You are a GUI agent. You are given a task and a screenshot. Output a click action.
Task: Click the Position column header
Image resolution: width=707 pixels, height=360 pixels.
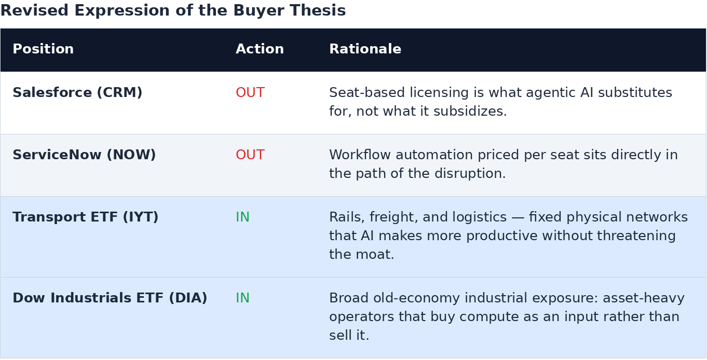43,49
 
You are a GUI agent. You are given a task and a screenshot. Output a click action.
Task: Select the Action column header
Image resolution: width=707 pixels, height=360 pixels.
260,49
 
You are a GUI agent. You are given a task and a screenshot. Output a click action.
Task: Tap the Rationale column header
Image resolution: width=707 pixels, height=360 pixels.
365,49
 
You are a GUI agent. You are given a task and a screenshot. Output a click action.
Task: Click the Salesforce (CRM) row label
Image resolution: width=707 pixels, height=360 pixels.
77,92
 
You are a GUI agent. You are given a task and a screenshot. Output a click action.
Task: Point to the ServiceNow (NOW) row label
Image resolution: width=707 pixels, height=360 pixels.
84,155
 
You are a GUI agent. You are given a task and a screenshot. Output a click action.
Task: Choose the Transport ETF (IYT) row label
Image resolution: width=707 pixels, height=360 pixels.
85,217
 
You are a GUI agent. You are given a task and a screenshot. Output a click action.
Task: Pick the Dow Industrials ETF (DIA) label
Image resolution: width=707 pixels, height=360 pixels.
110,298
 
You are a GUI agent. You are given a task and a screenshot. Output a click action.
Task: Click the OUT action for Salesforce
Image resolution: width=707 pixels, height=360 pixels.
250,92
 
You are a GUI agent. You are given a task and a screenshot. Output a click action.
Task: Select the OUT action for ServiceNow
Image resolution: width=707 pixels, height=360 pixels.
250,155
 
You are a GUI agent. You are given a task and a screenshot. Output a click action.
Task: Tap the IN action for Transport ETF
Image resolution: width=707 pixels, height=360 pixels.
242,217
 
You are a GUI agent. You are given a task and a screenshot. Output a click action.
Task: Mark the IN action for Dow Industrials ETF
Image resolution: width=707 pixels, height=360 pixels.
242,298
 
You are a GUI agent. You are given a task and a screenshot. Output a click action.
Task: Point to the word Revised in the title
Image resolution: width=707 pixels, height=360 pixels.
34,10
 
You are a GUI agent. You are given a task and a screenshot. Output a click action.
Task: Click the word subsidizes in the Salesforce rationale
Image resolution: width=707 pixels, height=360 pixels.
470,111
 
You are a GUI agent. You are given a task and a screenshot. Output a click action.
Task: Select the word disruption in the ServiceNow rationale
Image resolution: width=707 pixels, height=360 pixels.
470,173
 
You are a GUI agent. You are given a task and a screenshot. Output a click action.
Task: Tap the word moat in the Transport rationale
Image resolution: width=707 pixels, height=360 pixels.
375,254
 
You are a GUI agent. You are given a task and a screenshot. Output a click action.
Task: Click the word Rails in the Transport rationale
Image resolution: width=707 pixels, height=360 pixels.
347,217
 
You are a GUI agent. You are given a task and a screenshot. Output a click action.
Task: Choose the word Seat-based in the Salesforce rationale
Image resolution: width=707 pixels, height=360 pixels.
367,92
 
